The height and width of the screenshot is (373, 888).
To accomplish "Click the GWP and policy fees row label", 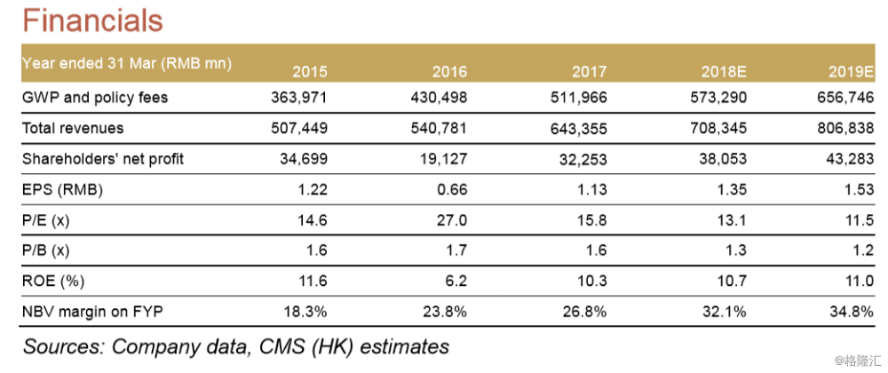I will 94,98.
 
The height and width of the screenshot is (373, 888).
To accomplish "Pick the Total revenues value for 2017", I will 577,128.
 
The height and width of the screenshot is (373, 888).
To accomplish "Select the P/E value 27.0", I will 449,218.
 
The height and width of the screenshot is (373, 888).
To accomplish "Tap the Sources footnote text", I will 235,345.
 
